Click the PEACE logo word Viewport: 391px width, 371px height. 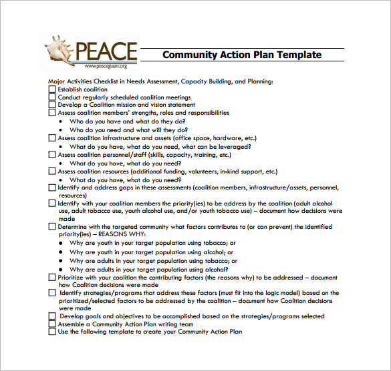107,52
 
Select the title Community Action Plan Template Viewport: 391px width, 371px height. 242,55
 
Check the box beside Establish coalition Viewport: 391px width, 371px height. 52,89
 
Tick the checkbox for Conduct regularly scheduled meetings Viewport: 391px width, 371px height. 52,97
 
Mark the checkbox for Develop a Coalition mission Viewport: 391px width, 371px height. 52,105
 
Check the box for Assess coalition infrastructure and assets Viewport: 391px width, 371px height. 52,138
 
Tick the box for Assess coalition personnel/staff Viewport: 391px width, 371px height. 52,155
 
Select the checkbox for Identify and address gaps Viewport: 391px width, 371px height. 52,188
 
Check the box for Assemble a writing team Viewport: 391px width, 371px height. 52,324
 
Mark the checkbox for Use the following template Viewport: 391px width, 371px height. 52,332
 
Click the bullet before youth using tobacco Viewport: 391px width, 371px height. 61,244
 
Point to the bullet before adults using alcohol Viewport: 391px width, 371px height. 61,269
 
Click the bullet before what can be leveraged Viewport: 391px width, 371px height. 61,147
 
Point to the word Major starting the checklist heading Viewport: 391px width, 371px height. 57,81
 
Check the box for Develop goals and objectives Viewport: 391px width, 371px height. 52,316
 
